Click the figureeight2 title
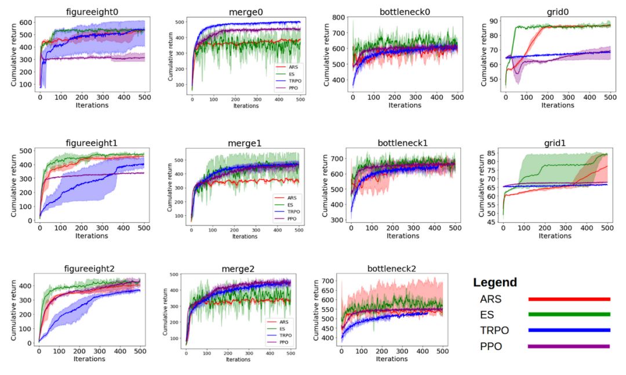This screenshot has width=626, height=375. click(x=89, y=268)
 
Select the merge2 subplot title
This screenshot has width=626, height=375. click(x=238, y=269)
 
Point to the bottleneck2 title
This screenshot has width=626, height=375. click(x=392, y=269)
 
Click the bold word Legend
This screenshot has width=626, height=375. click(x=495, y=283)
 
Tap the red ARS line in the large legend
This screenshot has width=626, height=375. click(x=569, y=299)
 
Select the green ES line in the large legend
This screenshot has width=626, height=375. click(x=569, y=315)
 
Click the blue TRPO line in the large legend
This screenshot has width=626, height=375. click(x=569, y=330)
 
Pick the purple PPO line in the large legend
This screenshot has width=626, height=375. click(x=569, y=347)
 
